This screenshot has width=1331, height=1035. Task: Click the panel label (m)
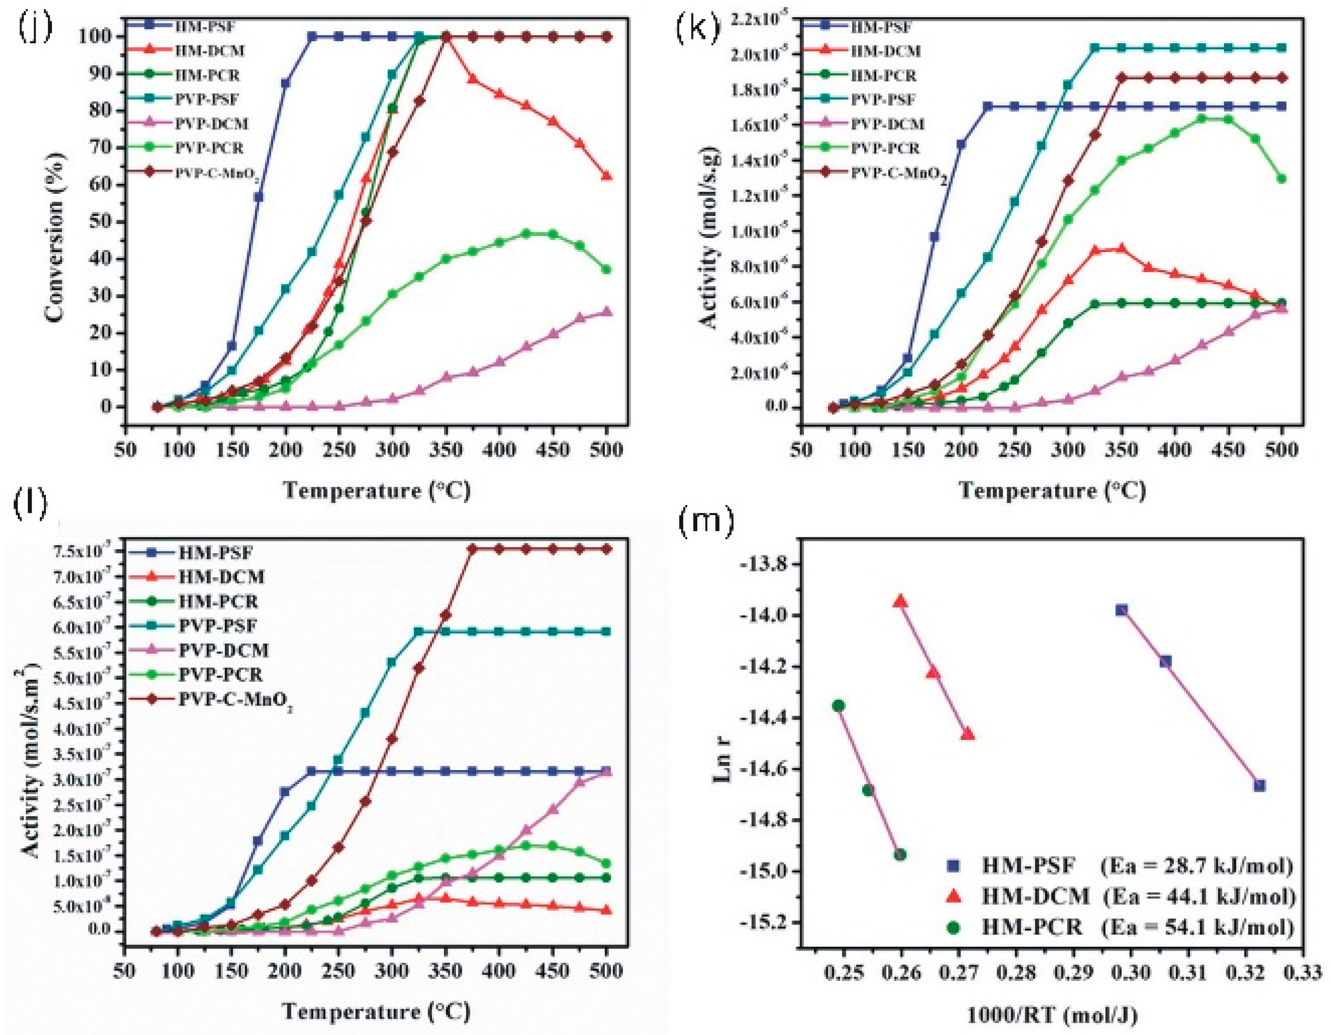click(705, 522)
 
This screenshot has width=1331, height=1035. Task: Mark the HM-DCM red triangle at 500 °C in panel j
click(606, 176)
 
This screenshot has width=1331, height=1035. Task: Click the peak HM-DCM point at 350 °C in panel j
click(446, 37)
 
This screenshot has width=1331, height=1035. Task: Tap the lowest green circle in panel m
click(900, 855)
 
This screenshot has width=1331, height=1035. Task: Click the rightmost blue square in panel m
click(1260, 786)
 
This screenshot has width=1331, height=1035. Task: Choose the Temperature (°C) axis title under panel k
click(1052, 490)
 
